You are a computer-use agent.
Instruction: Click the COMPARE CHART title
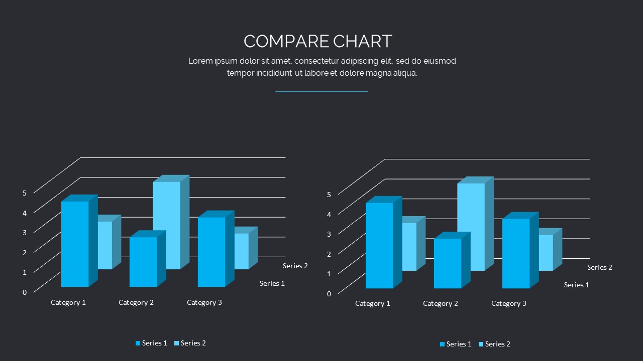click(317, 41)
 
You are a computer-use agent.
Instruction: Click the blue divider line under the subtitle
click(321, 92)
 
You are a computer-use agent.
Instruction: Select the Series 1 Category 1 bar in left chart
click(75, 244)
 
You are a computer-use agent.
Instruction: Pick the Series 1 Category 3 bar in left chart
click(211, 252)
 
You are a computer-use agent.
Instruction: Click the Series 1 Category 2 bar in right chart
click(448, 263)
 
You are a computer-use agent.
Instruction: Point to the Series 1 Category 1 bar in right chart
click(379, 246)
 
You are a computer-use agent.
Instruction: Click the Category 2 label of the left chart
click(136, 302)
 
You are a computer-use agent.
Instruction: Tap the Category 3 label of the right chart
click(509, 303)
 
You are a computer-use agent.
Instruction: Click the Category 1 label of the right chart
click(373, 303)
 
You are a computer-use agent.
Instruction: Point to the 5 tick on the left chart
click(25, 192)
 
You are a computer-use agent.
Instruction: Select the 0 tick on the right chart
click(329, 293)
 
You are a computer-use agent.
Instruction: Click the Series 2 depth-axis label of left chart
click(295, 266)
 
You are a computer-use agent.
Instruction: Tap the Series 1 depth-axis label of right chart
click(577, 285)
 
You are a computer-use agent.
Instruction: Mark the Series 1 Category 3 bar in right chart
click(516, 253)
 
